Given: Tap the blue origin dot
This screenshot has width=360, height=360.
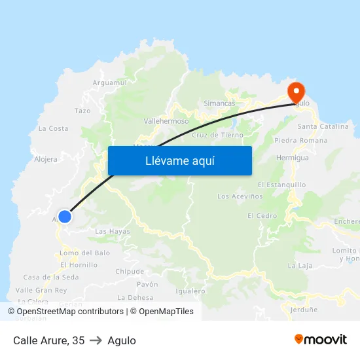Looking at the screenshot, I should click(x=64, y=216).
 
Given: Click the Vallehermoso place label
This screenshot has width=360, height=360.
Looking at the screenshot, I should click(x=166, y=121).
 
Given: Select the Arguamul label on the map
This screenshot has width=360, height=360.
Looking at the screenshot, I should click(x=110, y=82).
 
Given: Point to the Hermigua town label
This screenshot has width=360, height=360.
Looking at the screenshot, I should click(x=292, y=158).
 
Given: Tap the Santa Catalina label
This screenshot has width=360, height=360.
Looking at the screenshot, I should click(x=323, y=126).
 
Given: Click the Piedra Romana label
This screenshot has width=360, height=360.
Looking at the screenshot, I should click(x=301, y=141).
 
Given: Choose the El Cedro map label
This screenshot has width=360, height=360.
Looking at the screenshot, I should click(x=262, y=216).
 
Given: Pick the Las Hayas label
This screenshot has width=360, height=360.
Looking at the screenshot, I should click(x=113, y=232).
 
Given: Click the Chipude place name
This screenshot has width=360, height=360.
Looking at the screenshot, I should click(x=130, y=272).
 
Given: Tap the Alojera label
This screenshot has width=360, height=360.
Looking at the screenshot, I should click(x=46, y=159).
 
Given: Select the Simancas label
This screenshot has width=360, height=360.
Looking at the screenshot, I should click(x=219, y=103).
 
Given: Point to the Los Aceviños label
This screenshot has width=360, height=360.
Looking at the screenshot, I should click(x=240, y=196).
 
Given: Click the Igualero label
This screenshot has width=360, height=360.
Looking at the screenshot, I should click(x=191, y=291).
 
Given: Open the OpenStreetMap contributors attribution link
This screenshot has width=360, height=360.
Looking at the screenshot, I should click(x=69, y=312).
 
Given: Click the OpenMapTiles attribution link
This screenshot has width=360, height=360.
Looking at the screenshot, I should click(x=166, y=312).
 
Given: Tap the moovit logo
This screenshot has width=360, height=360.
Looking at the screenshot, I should click(x=321, y=340).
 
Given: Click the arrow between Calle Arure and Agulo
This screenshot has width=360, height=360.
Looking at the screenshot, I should click(x=96, y=340).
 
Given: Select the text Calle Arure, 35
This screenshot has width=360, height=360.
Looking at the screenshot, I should click(x=49, y=340).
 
